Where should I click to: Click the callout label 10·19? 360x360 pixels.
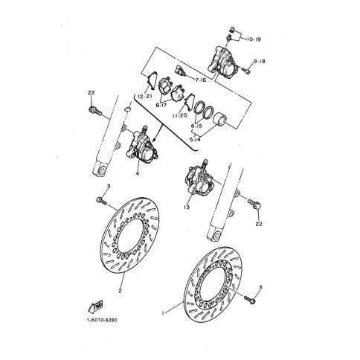254,39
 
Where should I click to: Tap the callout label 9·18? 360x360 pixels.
260,61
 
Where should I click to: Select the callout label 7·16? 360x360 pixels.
201,80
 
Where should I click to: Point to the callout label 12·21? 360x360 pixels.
144,97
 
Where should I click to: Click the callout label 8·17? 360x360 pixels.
161,105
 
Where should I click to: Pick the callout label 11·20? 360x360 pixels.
180,115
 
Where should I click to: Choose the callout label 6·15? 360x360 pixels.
196,126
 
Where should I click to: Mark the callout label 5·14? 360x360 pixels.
195,140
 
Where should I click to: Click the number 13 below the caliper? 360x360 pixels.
187,207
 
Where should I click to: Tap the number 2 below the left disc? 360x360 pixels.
120,291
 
